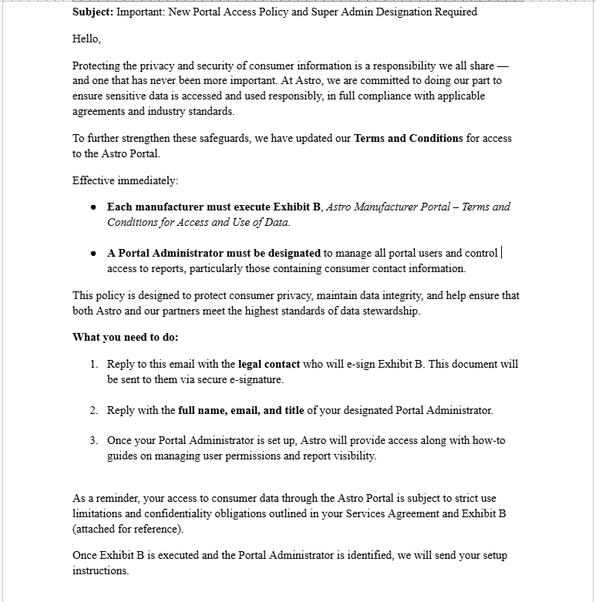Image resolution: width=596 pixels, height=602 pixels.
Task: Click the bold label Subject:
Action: [x=93, y=12]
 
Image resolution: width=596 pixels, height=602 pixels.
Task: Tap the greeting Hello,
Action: [x=86, y=39]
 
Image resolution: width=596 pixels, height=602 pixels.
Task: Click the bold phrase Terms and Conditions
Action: [x=408, y=139]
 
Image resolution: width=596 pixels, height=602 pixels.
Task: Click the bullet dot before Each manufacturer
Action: [x=93, y=207]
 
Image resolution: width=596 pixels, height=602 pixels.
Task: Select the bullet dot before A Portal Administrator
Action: [x=93, y=254]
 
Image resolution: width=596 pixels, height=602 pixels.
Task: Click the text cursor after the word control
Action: [x=501, y=253]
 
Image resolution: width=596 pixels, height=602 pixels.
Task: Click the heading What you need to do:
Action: [x=125, y=337]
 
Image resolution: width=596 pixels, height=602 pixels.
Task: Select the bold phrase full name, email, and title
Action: [x=241, y=410]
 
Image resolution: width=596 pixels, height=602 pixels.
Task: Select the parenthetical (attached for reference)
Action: [x=128, y=529]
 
